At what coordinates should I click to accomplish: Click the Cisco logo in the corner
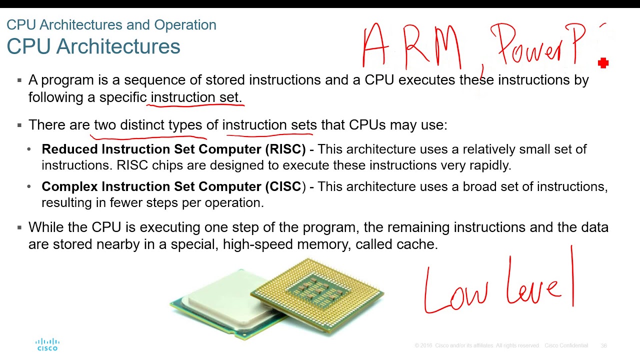pyautogui.click(x=47, y=344)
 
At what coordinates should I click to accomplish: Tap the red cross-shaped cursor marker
pyautogui.click(x=603, y=62)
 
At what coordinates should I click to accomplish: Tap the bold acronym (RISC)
pyautogui.click(x=285, y=149)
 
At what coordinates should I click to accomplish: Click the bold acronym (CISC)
pyautogui.click(x=285, y=186)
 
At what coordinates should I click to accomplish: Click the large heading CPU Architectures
pyautogui.click(x=93, y=46)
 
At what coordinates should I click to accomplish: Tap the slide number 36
pyautogui.click(x=603, y=345)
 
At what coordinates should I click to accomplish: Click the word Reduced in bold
pyautogui.click(x=70, y=149)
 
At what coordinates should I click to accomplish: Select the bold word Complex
pyautogui.click(x=70, y=186)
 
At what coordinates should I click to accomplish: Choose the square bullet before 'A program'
pyautogui.click(x=19, y=80)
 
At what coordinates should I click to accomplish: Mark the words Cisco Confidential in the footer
pyautogui.click(x=566, y=345)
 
